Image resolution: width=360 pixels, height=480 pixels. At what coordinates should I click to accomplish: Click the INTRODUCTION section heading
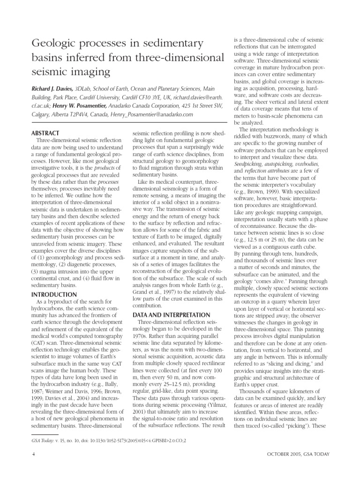[x=53, y=294]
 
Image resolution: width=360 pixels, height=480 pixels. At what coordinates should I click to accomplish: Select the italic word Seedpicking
[x=252, y=165]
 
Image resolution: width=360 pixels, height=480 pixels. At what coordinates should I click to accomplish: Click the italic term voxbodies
[x=307, y=165]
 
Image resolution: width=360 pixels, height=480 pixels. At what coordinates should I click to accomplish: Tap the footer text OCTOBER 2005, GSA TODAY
[x=298, y=454]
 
